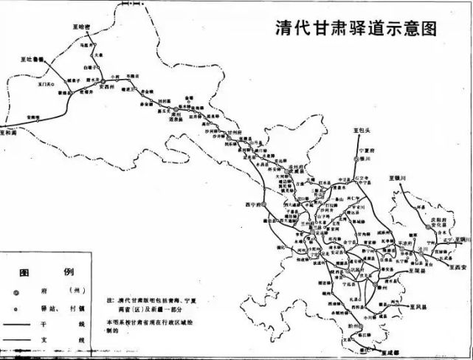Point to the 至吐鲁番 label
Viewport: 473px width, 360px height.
coord(32,57)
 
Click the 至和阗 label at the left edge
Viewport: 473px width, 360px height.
coord(11,133)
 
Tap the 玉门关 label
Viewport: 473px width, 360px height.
coord(40,85)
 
